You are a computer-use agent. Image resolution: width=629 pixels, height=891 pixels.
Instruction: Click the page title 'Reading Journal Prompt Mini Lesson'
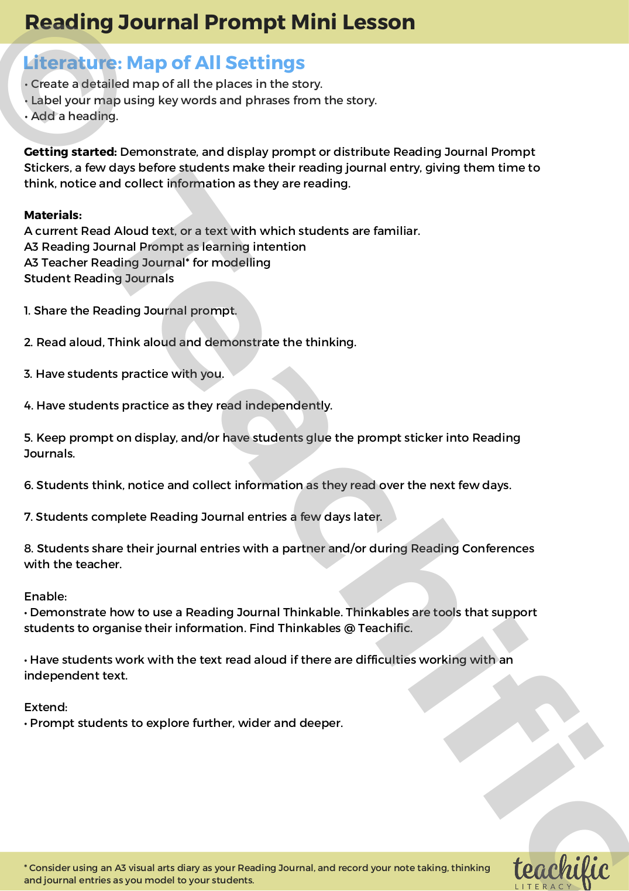[x=219, y=22]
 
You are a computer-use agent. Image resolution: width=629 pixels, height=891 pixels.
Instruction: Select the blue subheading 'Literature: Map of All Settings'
[x=164, y=63]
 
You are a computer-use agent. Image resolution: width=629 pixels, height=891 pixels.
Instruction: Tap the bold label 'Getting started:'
[x=70, y=152]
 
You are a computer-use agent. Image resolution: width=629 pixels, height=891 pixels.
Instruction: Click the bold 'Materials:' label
[x=53, y=215]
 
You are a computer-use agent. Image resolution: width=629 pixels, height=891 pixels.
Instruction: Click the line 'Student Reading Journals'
[x=99, y=278]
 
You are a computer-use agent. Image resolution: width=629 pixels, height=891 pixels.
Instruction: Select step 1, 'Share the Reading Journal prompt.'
[x=130, y=310]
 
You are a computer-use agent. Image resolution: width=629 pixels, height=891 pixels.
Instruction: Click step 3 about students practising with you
[x=124, y=374]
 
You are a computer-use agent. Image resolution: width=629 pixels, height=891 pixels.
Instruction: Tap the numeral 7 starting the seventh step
[x=28, y=517]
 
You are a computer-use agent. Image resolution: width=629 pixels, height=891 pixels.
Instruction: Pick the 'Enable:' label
[x=45, y=596]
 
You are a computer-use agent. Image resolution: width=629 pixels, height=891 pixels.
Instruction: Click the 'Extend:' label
[x=46, y=707]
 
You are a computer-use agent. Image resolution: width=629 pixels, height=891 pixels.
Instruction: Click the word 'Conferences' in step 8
[x=498, y=548]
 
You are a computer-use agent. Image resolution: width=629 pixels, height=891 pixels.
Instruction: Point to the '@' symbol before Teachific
[x=349, y=628]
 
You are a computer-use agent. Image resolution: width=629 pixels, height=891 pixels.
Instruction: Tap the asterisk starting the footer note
[x=26, y=867]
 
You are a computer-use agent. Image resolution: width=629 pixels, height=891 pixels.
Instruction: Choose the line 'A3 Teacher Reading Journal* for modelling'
[x=147, y=262]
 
